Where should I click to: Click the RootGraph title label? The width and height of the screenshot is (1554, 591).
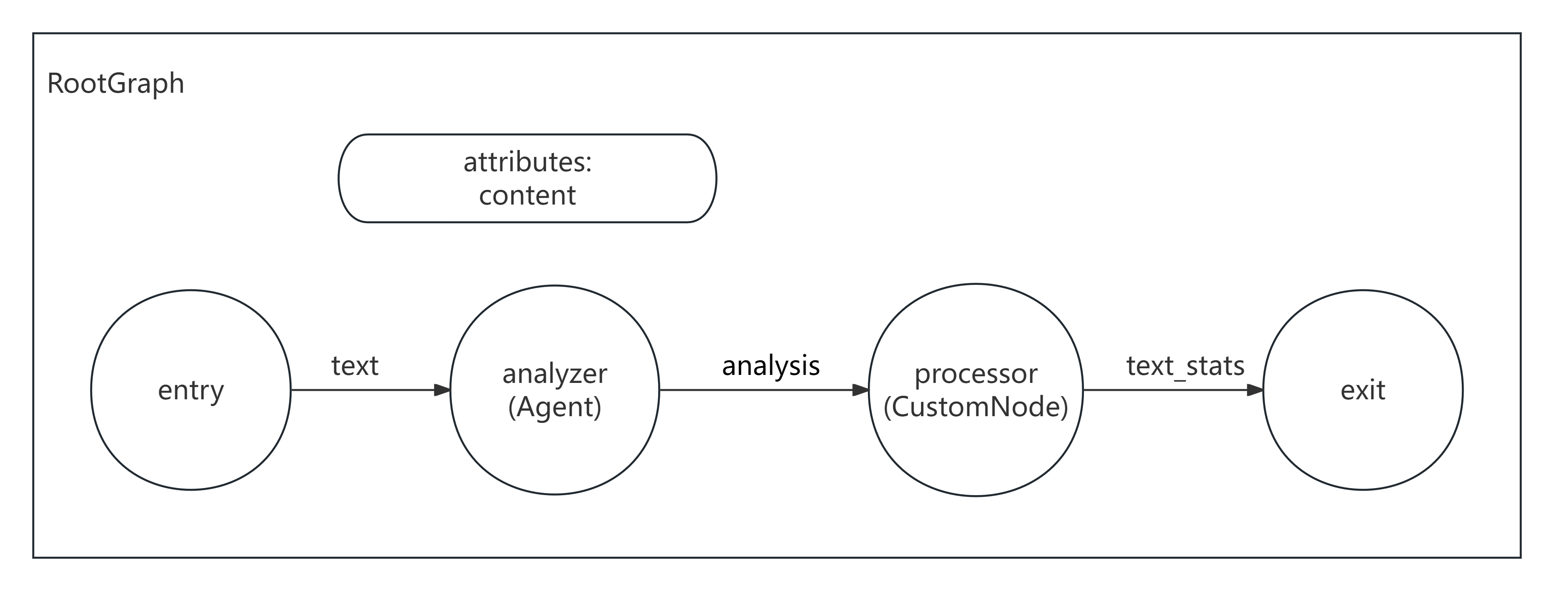(115, 83)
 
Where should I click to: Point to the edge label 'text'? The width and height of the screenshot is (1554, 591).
(355, 366)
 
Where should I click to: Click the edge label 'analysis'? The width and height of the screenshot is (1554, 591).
(770, 366)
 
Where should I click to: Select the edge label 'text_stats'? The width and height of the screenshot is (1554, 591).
(1185, 366)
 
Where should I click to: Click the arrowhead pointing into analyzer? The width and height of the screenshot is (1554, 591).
(442, 390)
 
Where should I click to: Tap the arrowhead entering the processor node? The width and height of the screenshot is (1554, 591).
(860, 390)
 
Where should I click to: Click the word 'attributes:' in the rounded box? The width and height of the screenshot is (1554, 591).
(527, 162)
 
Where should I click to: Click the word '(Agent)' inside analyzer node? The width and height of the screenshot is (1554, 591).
(554, 407)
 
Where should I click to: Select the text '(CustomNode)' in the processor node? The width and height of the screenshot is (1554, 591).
(976, 407)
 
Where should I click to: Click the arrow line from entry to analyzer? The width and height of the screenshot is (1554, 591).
(362, 390)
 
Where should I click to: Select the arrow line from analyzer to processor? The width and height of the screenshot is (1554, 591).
(754, 390)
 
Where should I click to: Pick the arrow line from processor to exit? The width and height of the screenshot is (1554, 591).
(1164, 390)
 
